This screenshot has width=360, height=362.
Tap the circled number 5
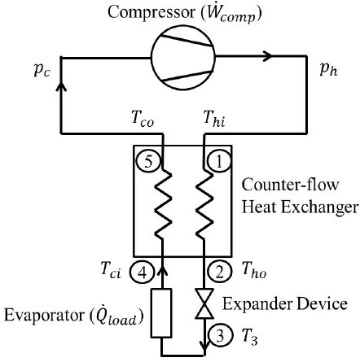(x=148, y=161)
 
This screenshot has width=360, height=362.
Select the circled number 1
(x=219, y=161)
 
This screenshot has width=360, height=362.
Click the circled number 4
(x=142, y=273)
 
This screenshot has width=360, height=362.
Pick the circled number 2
(x=219, y=273)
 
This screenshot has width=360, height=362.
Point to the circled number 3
(x=220, y=335)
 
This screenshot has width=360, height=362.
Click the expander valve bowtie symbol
(x=204, y=303)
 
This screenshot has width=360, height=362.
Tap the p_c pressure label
(x=42, y=70)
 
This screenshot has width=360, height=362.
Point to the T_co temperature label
(x=143, y=119)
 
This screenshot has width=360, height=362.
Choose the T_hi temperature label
(x=214, y=119)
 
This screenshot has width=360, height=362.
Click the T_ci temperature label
(x=111, y=270)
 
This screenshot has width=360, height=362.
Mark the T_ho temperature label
(x=254, y=270)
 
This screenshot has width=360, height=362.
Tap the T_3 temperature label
(x=250, y=337)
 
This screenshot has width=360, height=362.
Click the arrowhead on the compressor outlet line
(x=267, y=56)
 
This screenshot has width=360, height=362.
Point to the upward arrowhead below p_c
(x=61, y=86)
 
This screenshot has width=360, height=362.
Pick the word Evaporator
(x=45, y=315)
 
